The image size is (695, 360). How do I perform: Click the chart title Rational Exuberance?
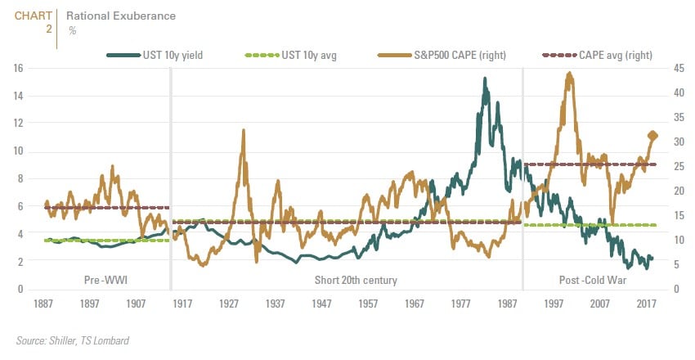point(120,16)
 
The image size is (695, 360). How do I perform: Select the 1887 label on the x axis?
point(44,304)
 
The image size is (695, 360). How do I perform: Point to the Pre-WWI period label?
point(104,281)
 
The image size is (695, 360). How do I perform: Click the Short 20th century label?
point(356,281)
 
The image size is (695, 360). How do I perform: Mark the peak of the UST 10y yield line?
point(485,79)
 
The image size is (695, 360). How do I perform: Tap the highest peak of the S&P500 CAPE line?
point(568,74)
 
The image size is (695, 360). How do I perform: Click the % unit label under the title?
point(72,30)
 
